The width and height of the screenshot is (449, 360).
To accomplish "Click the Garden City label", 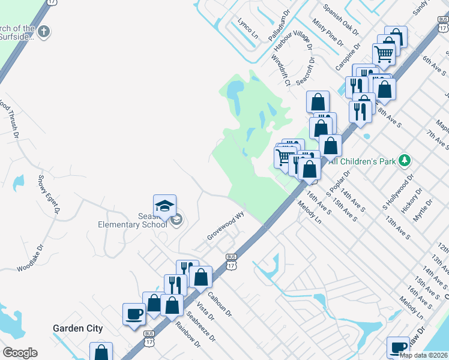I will click(x=77, y=329).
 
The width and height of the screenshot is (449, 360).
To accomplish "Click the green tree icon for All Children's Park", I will click(x=405, y=160).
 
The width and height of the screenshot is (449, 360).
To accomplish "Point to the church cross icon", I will click(x=43, y=32).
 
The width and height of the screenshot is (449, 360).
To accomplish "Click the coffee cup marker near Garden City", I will click(x=134, y=314).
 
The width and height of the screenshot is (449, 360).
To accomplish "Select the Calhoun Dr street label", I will click(x=220, y=303).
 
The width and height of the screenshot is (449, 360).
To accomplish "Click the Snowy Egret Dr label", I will click(x=49, y=194).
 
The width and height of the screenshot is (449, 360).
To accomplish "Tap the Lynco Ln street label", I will click(x=247, y=28).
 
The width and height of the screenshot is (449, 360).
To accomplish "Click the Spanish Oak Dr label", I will click(x=341, y=19).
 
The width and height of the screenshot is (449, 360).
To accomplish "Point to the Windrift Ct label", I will click(x=280, y=70).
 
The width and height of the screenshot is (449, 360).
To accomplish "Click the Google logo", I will click(x=20, y=353).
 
